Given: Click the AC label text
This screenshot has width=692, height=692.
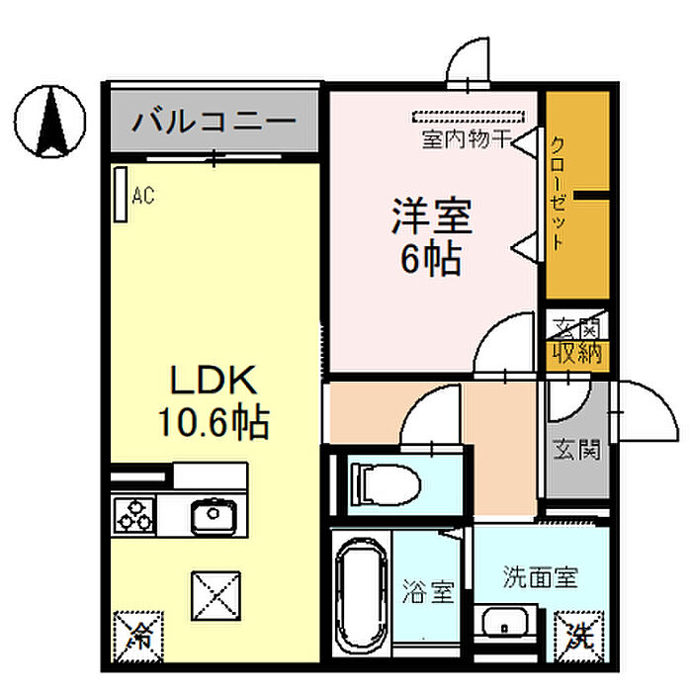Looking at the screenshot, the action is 144,197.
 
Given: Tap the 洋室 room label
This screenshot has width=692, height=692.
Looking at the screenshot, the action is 431,216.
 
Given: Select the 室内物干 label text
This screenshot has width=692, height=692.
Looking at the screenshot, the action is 465,139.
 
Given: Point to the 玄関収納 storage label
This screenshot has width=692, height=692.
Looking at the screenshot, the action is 576,340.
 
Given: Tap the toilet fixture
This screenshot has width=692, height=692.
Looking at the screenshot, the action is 387,483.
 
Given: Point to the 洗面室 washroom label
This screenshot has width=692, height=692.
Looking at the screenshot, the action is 539,574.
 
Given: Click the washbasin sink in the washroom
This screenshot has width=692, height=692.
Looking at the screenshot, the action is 506,625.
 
